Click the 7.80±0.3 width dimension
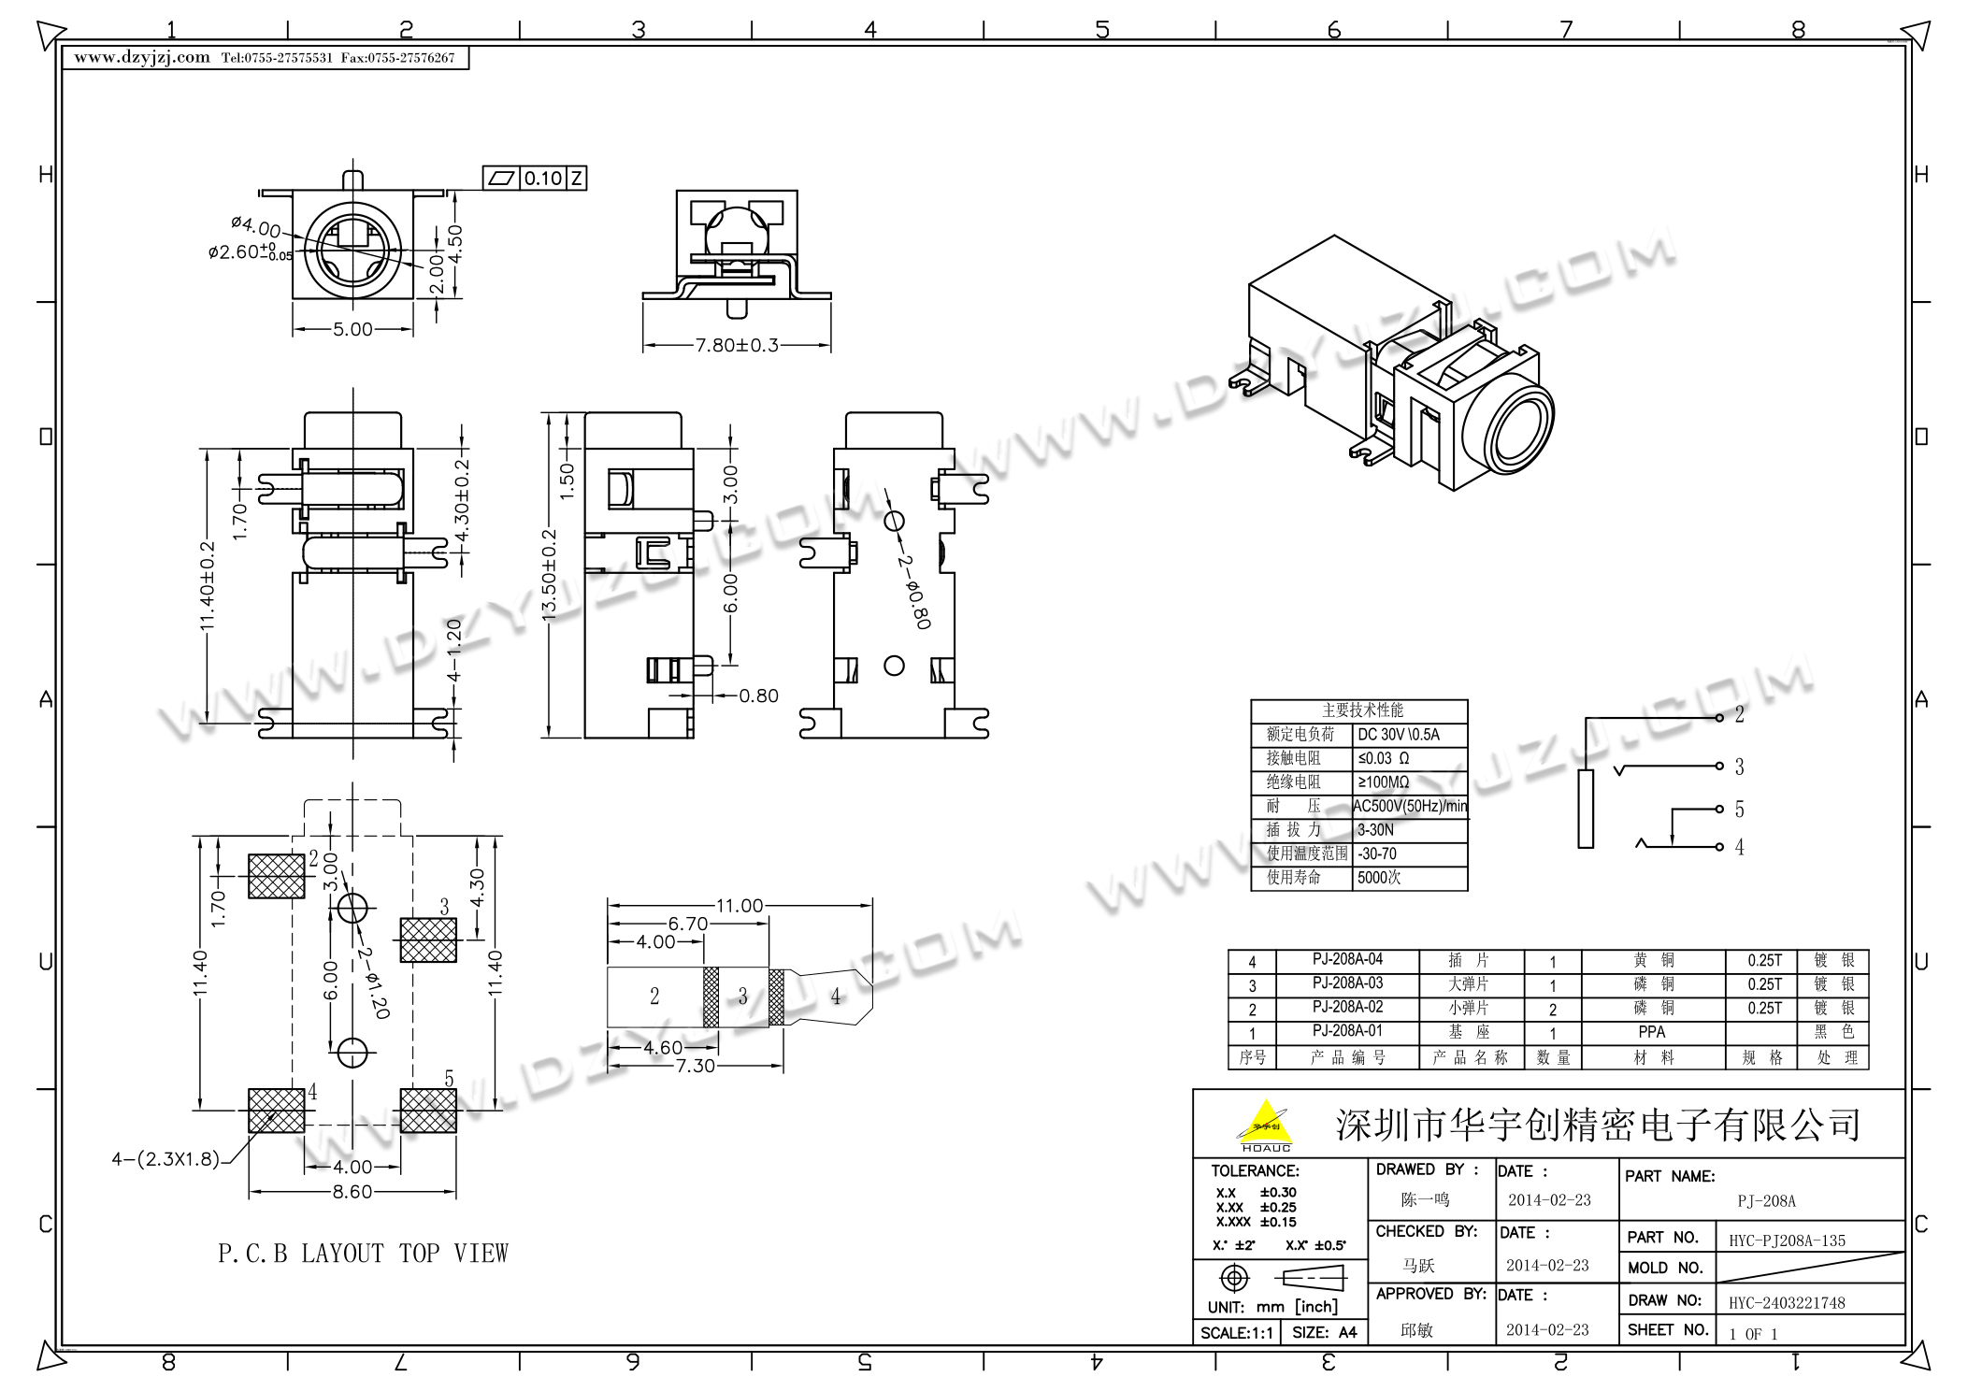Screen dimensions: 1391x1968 click(x=737, y=346)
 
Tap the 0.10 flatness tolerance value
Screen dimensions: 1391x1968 click(x=542, y=179)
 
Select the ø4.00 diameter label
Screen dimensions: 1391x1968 click(x=255, y=226)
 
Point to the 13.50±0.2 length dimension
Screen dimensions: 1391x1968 click(x=550, y=574)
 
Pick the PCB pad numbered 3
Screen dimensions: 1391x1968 click(x=428, y=939)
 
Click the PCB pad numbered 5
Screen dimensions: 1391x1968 click(x=428, y=1110)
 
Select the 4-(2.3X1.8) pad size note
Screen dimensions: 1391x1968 click(x=165, y=1159)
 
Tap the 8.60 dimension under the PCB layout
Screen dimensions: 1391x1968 click(x=352, y=1192)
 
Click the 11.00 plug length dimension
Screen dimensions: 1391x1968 click(x=740, y=906)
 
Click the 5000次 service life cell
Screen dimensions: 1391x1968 click(x=1379, y=878)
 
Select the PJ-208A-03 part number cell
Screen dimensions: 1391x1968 click(x=1347, y=983)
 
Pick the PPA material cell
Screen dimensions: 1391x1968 click(x=1651, y=1032)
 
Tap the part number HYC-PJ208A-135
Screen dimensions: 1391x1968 click(x=1788, y=1241)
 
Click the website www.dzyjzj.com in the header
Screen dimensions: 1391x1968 click(x=142, y=58)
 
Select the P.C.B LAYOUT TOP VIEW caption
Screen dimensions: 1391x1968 click(x=363, y=1254)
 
